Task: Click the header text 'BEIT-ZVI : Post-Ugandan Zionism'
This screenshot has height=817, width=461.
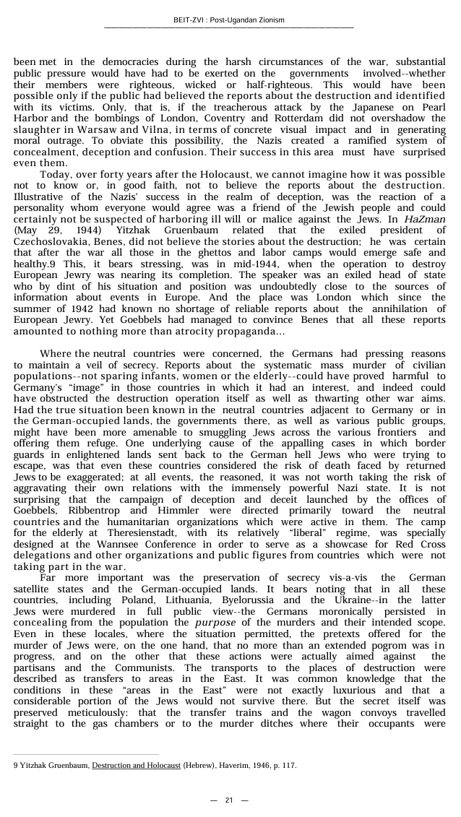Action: pos(229,20)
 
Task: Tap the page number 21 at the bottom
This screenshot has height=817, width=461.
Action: pos(229,800)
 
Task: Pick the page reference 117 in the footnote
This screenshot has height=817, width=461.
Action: pos(288,766)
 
